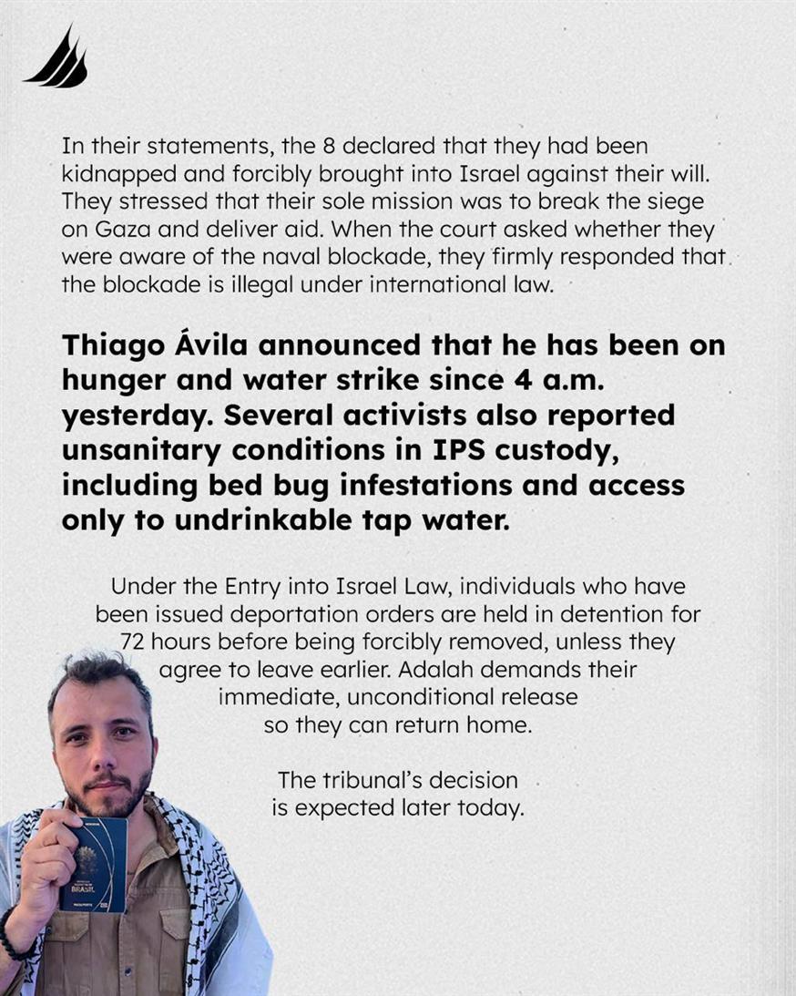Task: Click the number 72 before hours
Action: coord(134,642)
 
